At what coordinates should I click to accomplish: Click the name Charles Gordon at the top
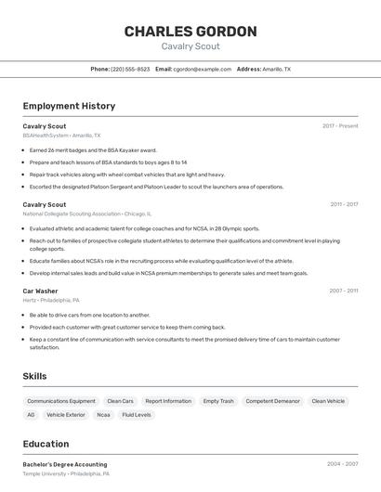click(190, 32)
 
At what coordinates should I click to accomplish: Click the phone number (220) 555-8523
click(130, 69)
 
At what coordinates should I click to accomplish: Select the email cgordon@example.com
click(203, 69)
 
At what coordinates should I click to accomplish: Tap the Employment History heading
click(69, 106)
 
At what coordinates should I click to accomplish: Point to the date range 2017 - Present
click(340, 125)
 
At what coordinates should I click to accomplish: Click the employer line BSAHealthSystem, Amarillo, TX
click(61, 136)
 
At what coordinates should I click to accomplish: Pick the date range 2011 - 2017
click(344, 204)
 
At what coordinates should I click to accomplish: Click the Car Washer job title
click(41, 291)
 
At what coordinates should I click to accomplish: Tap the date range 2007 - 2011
click(344, 291)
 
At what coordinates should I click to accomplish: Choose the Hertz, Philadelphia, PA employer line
click(51, 300)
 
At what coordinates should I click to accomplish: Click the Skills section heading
click(35, 376)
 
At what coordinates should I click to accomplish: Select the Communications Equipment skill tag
click(61, 401)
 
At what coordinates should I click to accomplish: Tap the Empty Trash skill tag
click(218, 401)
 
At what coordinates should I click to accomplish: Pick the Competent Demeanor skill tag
click(271, 401)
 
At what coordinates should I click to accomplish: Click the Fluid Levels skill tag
click(137, 415)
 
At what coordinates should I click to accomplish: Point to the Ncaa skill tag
click(103, 415)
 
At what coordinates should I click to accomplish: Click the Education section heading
click(46, 444)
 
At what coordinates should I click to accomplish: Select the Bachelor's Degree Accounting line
click(65, 464)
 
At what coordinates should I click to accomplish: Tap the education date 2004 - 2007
click(344, 464)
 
